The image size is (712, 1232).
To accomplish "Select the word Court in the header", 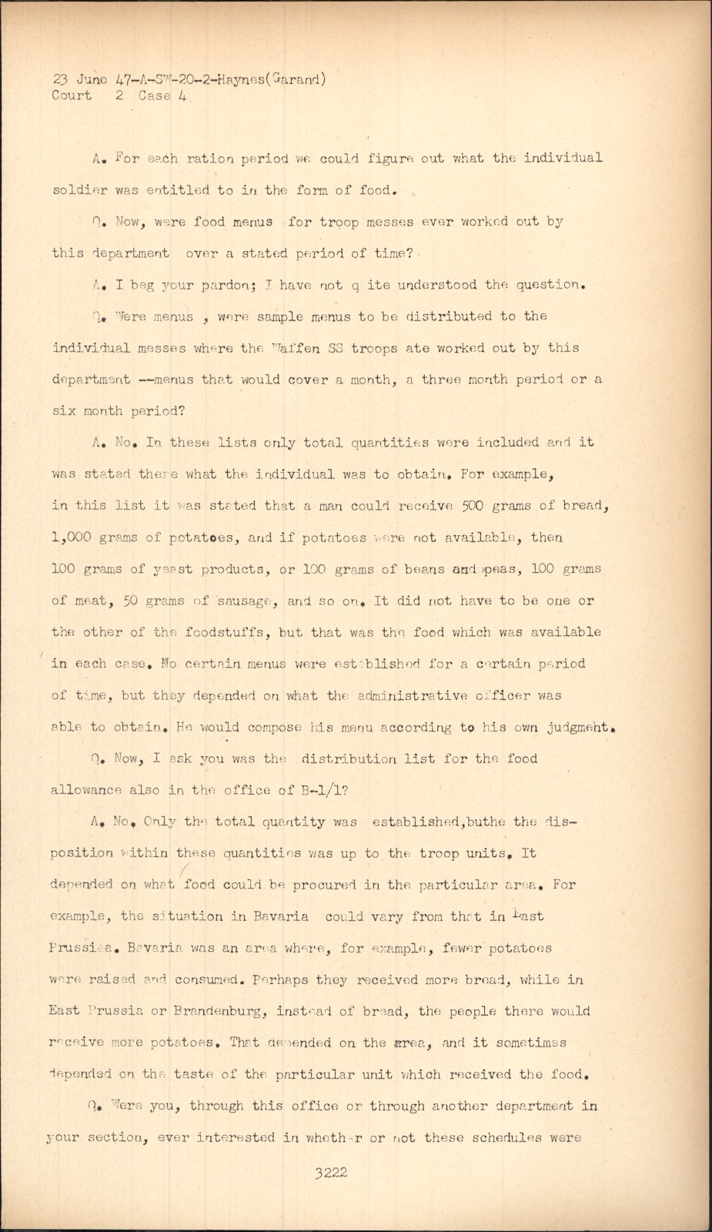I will [x=72, y=95].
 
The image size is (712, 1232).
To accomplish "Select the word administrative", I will [x=422, y=695].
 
